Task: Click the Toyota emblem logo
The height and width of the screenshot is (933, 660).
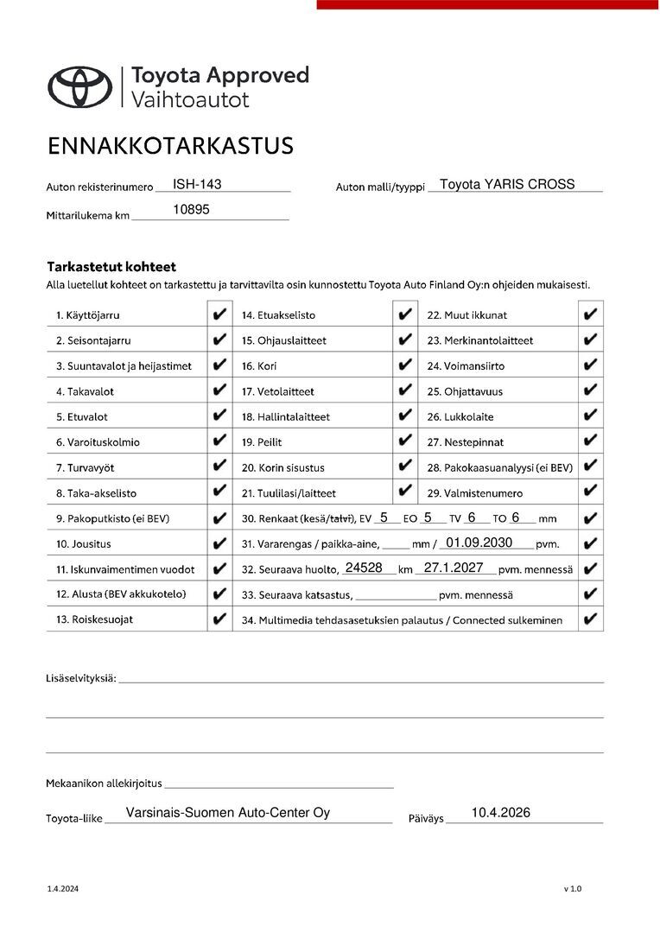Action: coord(79,86)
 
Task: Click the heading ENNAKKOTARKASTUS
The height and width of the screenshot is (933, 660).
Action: coord(170,146)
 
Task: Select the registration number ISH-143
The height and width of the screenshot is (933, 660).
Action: coord(197,184)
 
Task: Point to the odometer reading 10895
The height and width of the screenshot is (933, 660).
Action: coord(191,209)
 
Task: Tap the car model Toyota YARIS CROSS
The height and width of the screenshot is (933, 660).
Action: coord(507,184)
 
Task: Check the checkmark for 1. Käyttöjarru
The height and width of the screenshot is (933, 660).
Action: coord(219,315)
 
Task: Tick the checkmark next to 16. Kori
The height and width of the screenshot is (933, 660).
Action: coord(405,365)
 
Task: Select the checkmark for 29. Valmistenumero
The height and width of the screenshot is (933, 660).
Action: coord(591,492)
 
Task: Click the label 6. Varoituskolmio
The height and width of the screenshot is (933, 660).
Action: coord(98,442)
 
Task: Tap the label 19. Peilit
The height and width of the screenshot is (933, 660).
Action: coord(262,442)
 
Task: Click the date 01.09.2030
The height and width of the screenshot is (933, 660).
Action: coord(479,543)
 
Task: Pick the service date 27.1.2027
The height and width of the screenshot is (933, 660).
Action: coord(454,568)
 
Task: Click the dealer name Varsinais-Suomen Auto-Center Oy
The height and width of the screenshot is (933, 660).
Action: coord(228,813)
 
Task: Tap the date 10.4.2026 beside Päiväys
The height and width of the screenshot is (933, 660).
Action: coord(500,813)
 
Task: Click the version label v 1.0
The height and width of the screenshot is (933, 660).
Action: coord(573,889)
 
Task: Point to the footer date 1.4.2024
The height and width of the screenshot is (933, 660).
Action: coord(62,889)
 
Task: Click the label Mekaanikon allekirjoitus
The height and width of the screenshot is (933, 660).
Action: coord(104,784)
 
